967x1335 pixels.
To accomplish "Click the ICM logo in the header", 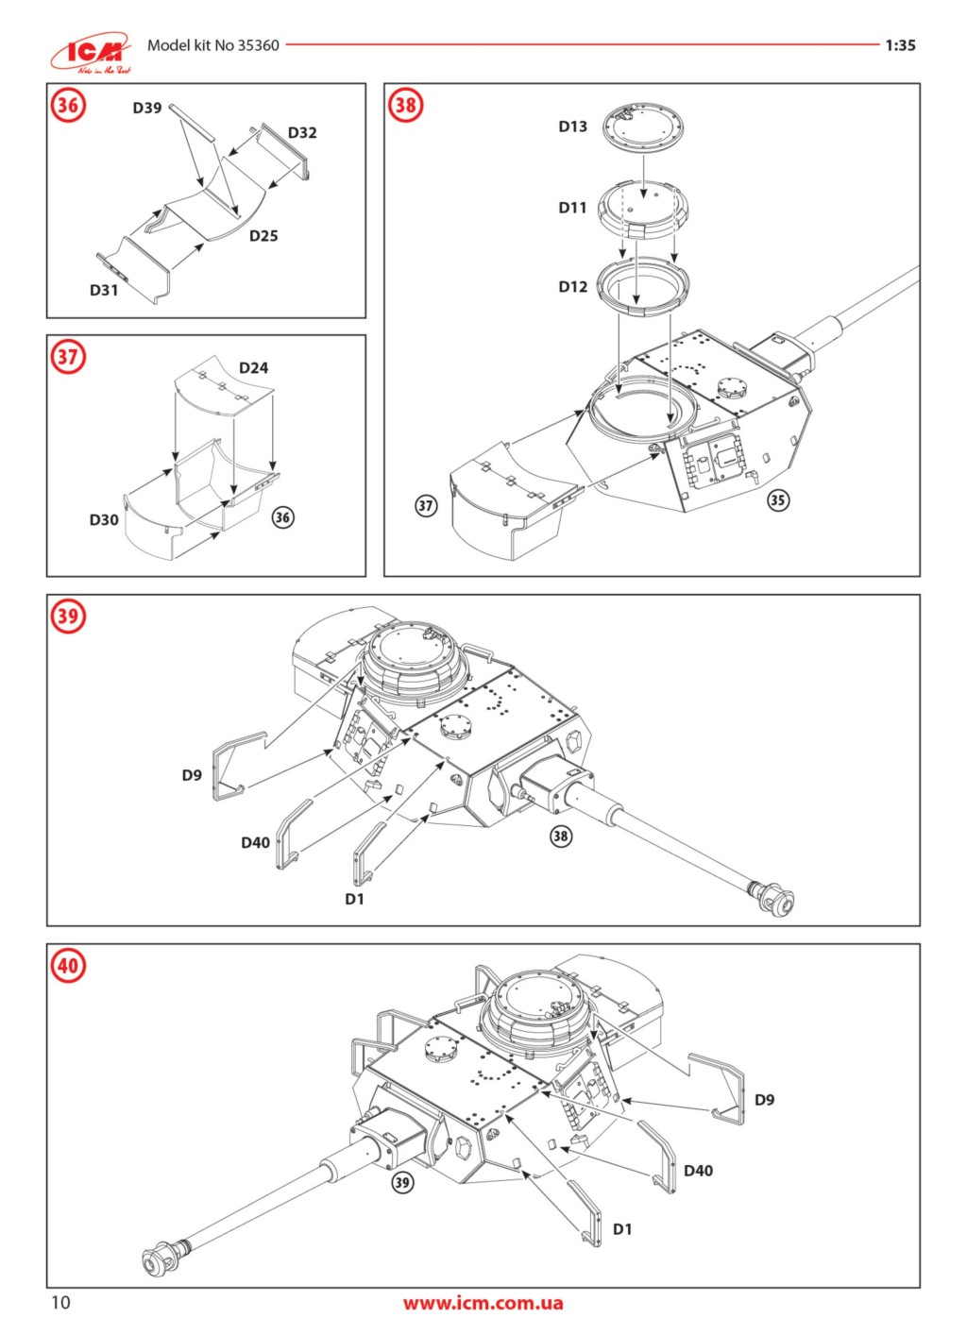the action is point(92,53).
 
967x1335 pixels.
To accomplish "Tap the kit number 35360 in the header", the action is point(258,45).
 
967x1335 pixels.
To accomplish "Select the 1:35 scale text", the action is point(900,45).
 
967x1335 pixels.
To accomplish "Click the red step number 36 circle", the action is point(68,106).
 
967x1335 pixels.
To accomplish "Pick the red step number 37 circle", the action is point(68,357).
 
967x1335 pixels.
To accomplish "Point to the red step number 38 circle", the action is point(405,106).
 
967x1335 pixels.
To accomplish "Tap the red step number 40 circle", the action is point(68,966).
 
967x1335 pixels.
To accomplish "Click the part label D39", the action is point(147,108).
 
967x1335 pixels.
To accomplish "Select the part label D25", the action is point(263,236).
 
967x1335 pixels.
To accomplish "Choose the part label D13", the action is point(572,127).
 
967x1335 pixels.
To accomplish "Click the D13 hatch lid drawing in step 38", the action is point(642,127).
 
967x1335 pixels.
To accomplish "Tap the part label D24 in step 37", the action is point(253,367).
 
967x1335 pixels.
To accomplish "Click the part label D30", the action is point(104,519).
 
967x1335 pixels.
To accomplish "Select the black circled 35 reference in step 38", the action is point(777,499).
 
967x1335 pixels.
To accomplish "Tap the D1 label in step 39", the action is point(354,899).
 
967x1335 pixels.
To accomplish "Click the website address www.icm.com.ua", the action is point(483,1303).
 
